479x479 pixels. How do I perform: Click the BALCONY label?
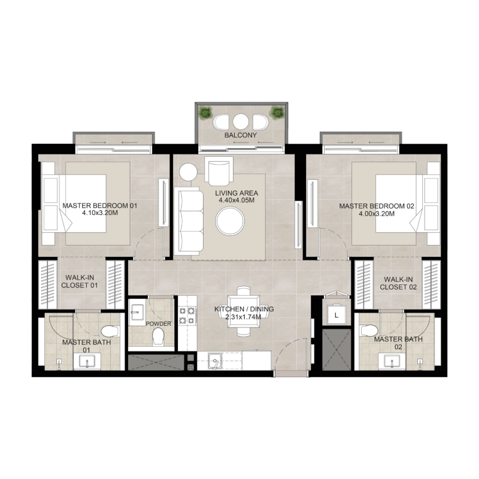(241, 136)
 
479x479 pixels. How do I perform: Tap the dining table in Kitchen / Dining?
(244, 310)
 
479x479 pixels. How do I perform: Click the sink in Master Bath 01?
(87, 361)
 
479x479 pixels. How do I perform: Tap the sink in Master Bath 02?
(392, 361)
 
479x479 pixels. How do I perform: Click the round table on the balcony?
(241, 122)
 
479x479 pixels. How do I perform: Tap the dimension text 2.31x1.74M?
(244, 317)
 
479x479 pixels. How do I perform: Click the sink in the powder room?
(137, 310)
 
